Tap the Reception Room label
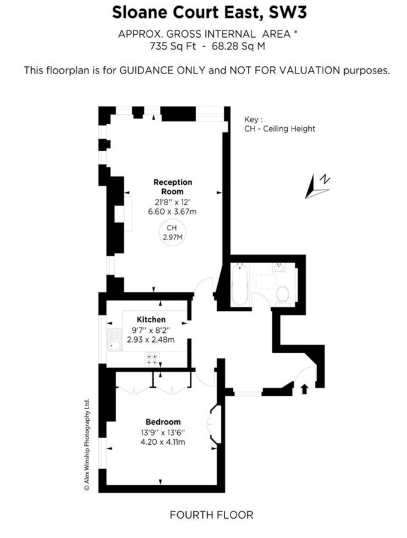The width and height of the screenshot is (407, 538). click(173, 187)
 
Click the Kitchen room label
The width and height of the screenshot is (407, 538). click(151, 320)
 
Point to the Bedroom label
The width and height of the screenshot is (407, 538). click(163, 422)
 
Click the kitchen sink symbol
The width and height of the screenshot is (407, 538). click(113, 341)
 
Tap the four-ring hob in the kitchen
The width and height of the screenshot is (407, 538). click(153, 359)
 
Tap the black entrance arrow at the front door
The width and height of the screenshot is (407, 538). click(304, 389)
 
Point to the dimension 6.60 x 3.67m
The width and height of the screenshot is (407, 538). click(172, 211)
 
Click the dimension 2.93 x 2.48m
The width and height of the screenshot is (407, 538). click(151, 340)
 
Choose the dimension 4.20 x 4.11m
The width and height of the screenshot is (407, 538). click(163, 442)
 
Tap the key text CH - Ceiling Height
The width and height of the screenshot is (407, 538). click(280, 129)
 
